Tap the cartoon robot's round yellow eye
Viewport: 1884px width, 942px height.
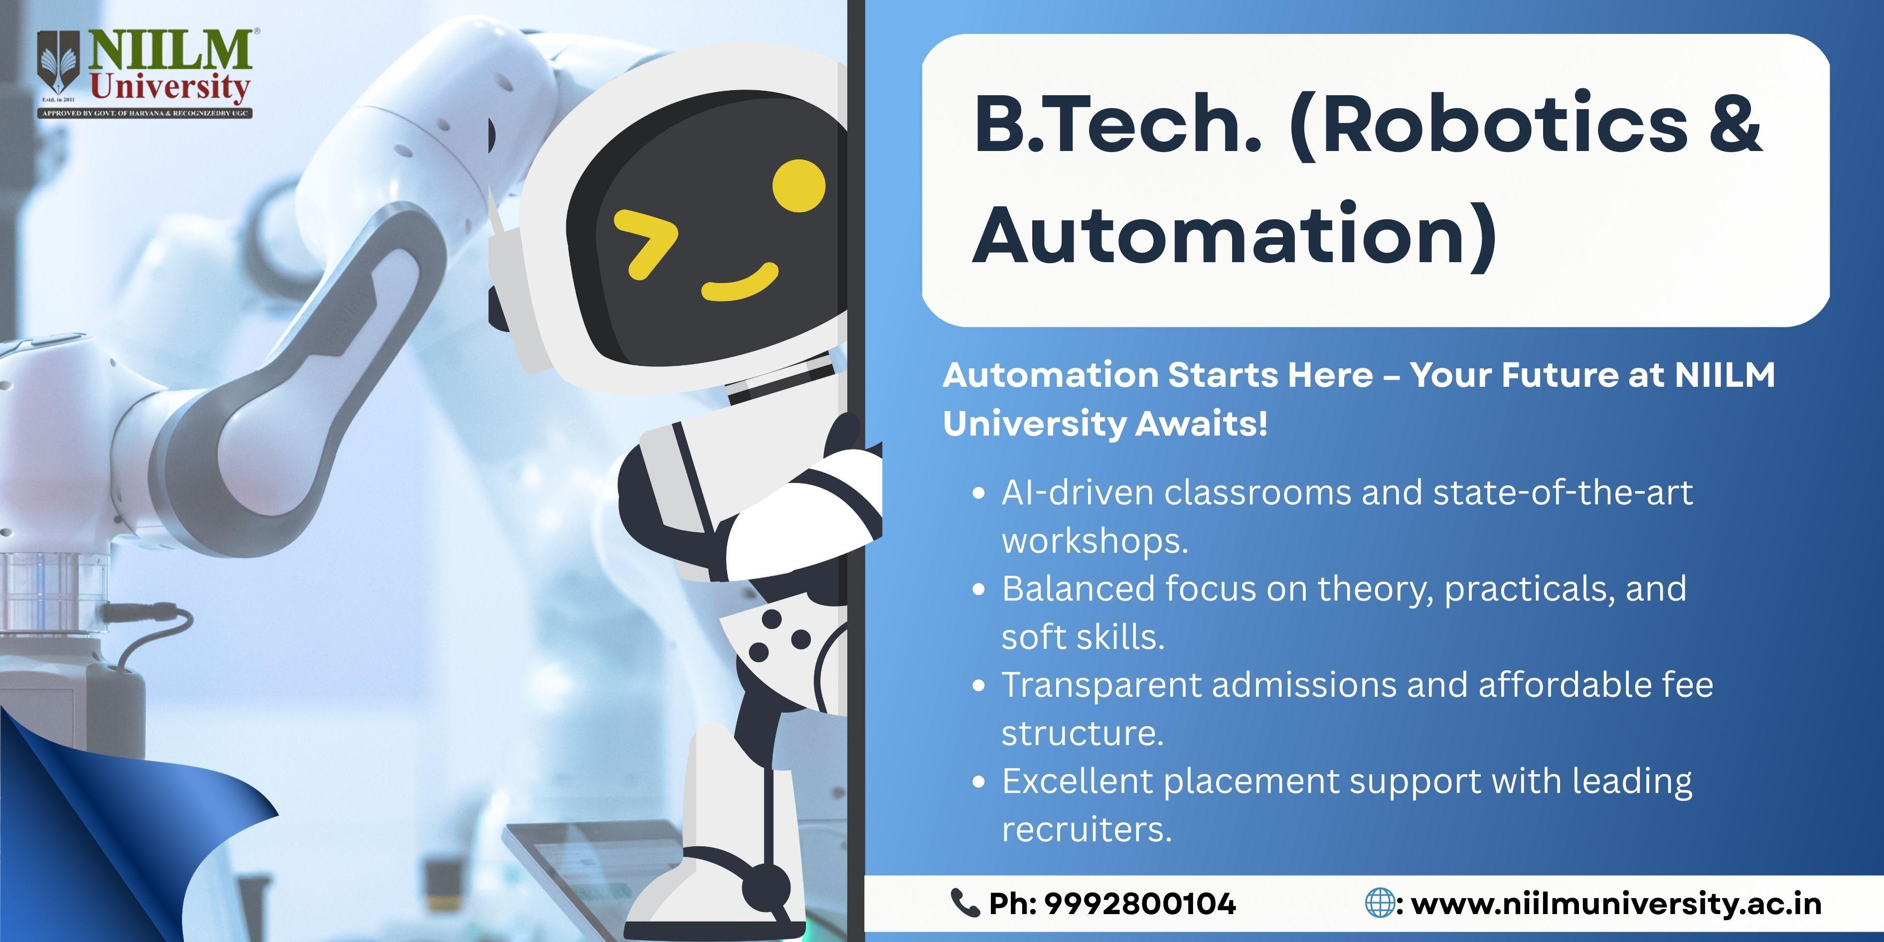[x=798, y=186]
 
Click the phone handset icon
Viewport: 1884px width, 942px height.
[x=964, y=903]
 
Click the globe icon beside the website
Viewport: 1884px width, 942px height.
[x=1380, y=903]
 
